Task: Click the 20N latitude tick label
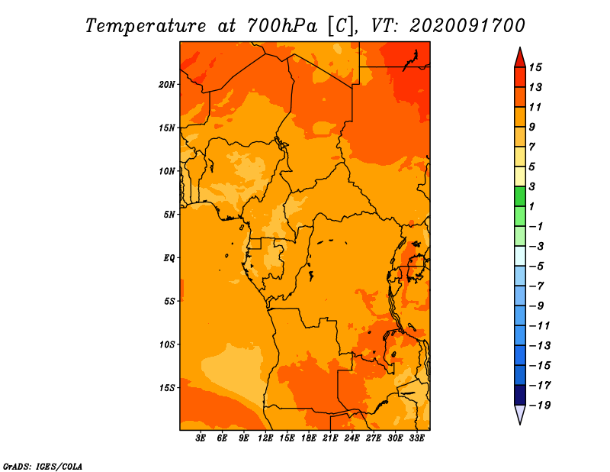tap(167, 85)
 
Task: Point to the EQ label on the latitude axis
tap(169, 258)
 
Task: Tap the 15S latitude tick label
tap(167, 388)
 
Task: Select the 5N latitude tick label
tap(169, 215)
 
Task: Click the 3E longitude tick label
tap(201, 438)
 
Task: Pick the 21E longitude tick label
tap(330, 438)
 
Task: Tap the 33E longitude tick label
tap(416, 438)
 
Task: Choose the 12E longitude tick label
tap(265, 438)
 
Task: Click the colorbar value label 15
tap(535, 67)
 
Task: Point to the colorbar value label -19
tap(540, 406)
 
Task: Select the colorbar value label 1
tap(531, 206)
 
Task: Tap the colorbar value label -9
tap(537, 306)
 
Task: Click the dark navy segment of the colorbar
tap(520, 395)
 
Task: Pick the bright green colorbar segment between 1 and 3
tap(520, 196)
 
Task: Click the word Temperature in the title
tap(146, 27)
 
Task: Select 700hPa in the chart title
tap(281, 26)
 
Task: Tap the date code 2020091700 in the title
tap(467, 26)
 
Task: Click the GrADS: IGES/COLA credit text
tap(43, 467)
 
